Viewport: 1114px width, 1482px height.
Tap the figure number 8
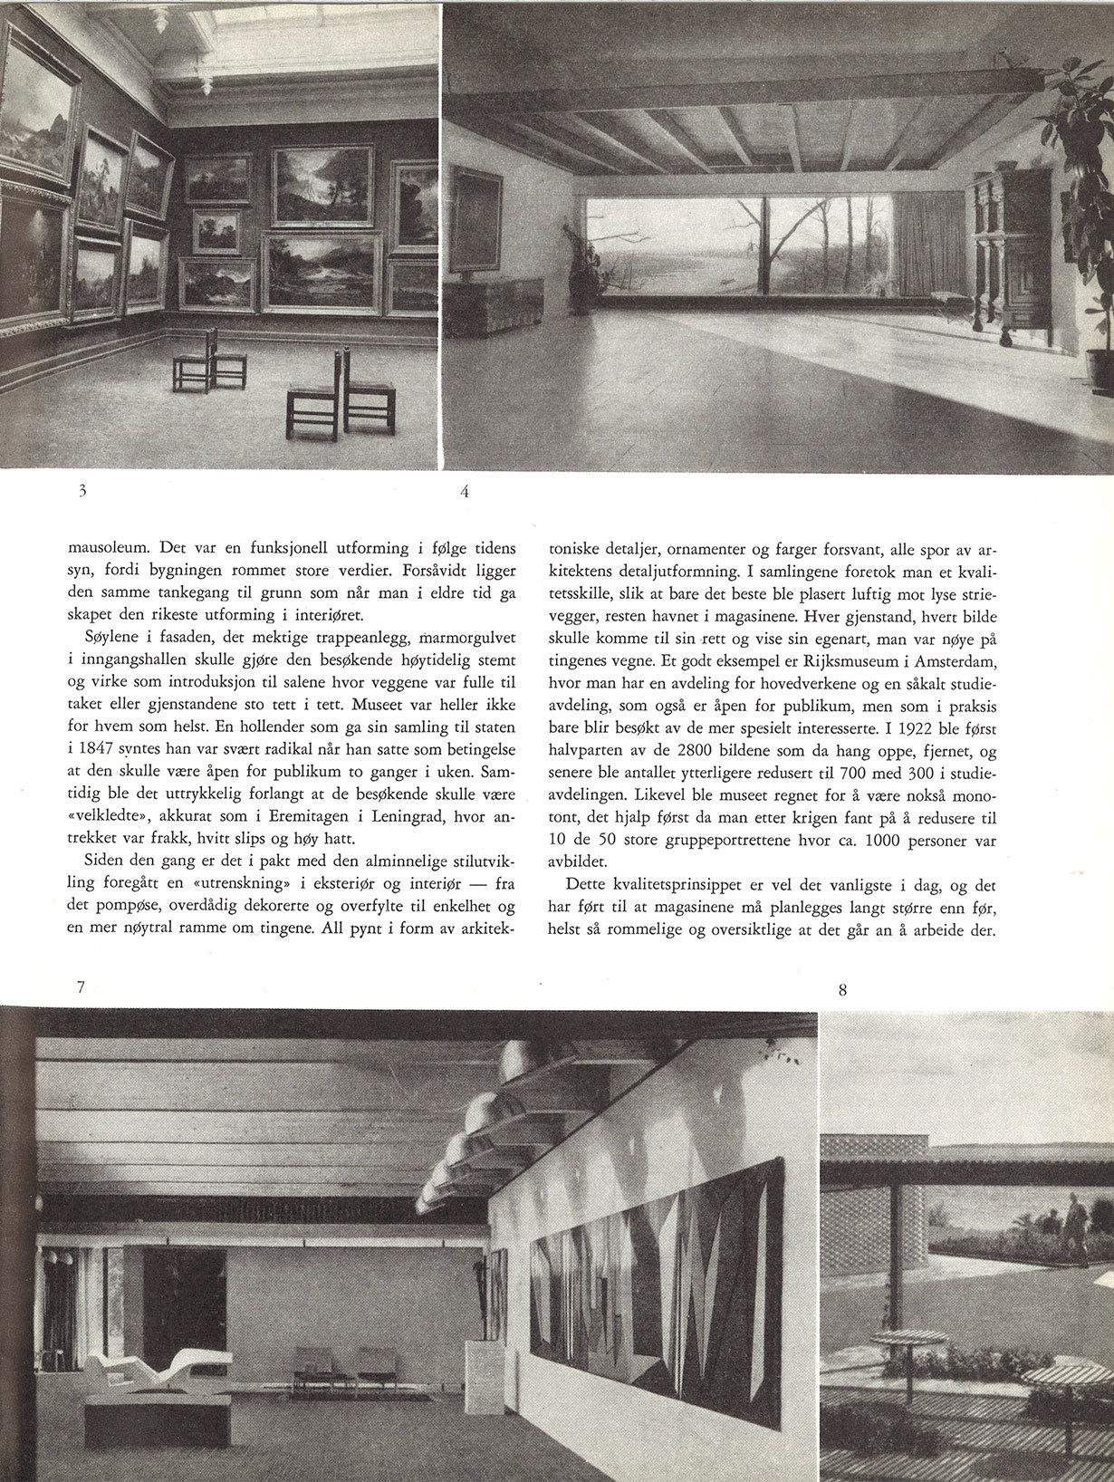coord(842,990)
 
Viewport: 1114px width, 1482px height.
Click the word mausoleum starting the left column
coord(108,548)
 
